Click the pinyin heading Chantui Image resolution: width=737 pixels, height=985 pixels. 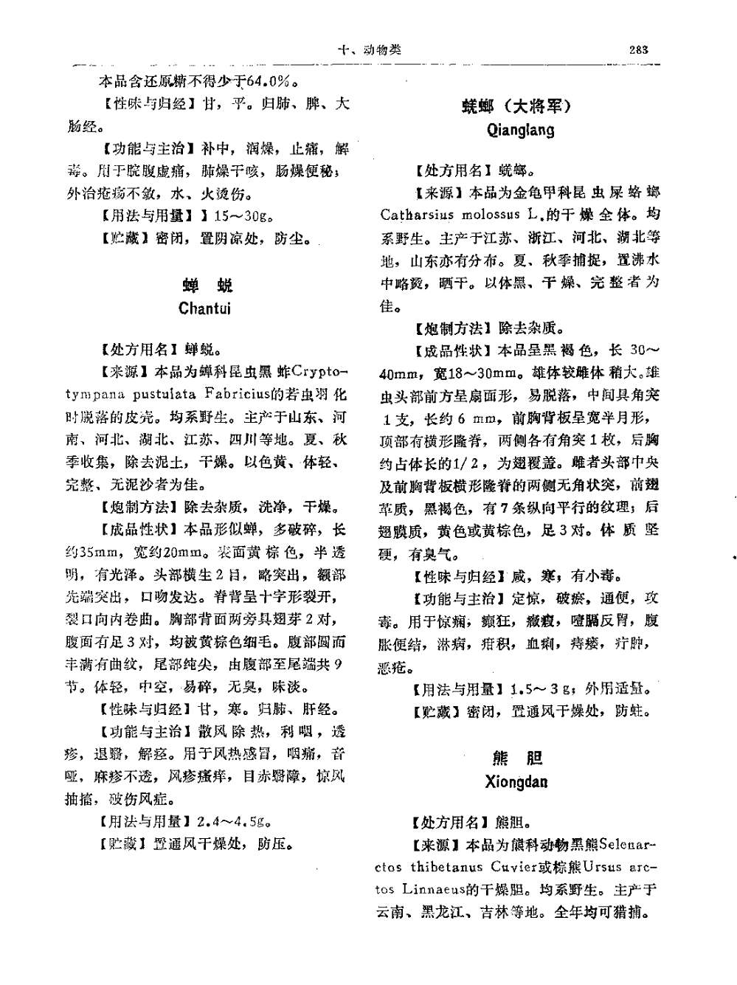(204, 308)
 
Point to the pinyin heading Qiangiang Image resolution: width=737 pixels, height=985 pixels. (521, 131)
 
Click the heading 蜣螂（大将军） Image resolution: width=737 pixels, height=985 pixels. (517, 106)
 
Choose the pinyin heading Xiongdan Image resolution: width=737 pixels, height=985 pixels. (516, 782)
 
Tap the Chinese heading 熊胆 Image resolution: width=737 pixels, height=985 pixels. (516, 758)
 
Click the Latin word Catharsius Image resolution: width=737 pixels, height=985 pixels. (417, 215)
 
